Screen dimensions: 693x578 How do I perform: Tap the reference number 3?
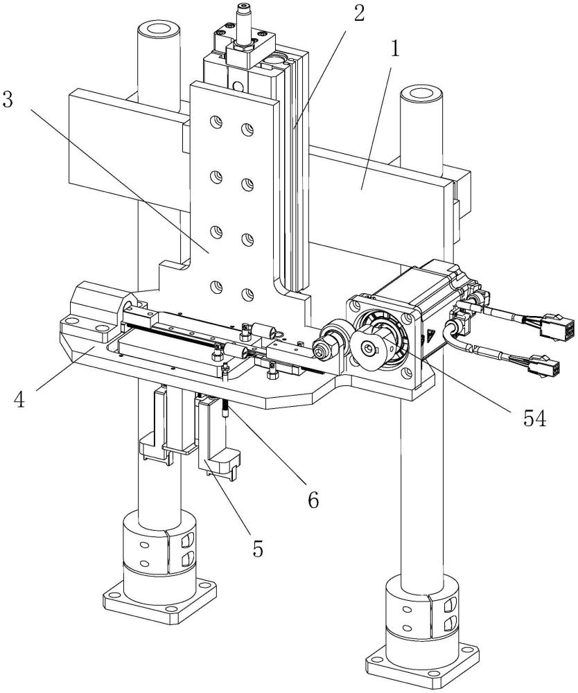(x=9, y=99)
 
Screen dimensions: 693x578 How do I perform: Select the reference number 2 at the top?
(x=358, y=12)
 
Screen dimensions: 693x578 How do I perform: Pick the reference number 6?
(x=313, y=499)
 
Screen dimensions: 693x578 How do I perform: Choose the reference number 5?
(x=258, y=548)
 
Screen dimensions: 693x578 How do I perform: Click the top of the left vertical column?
(x=159, y=31)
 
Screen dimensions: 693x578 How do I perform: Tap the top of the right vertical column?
(x=421, y=94)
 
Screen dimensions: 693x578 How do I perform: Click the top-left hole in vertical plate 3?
(x=218, y=122)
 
